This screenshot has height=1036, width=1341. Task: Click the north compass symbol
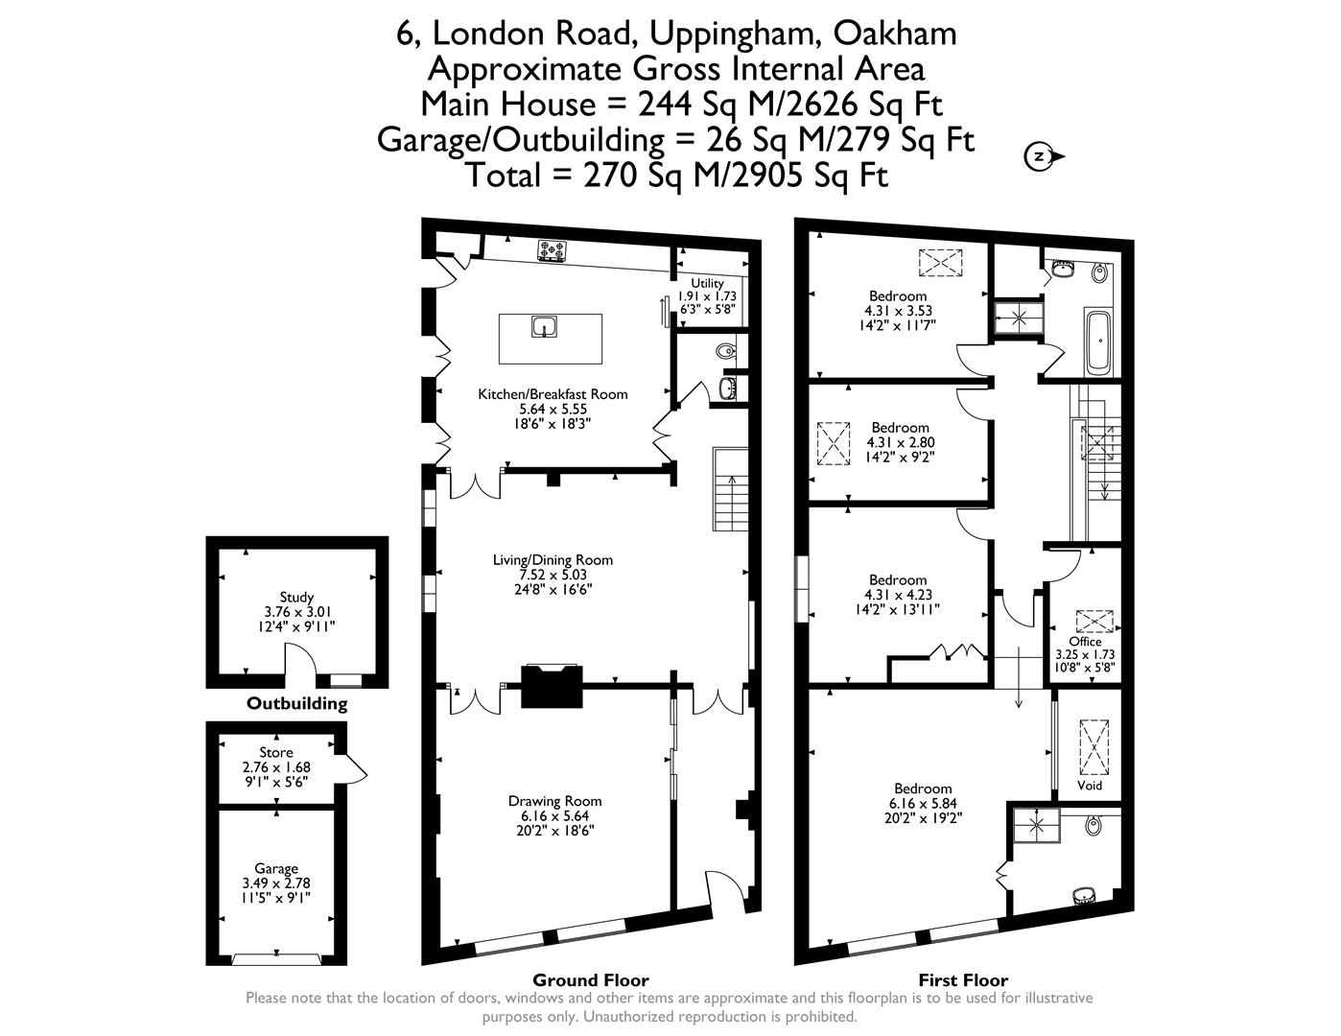[x=1041, y=156]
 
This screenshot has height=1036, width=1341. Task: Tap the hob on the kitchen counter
[x=553, y=251]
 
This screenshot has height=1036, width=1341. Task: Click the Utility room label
[x=707, y=283]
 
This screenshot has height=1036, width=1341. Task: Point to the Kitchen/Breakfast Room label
[x=553, y=394]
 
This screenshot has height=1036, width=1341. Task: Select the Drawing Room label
[x=555, y=801]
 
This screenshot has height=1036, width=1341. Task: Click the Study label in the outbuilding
[x=296, y=597]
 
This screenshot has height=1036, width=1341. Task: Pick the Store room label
[x=276, y=752]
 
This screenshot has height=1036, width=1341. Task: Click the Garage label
[x=276, y=868]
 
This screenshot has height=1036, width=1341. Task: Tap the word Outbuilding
[x=296, y=703]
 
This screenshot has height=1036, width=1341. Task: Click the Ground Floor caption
[x=590, y=979]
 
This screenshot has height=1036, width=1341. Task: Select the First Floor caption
[x=963, y=979]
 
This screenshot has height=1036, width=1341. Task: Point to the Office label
[x=1085, y=642]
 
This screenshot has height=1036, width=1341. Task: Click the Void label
[x=1090, y=785]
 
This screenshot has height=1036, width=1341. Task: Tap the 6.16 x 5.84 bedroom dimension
[x=924, y=804]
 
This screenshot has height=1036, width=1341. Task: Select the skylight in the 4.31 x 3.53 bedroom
[x=939, y=260]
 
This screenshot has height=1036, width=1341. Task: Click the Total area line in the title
[x=675, y=176]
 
